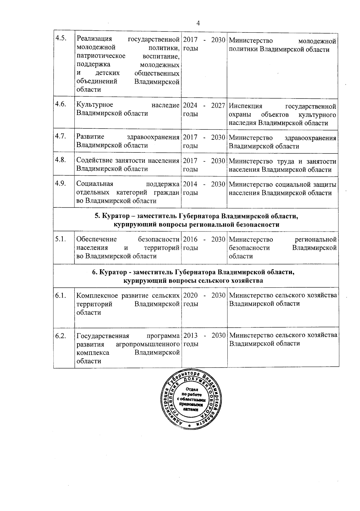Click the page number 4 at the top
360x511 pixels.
[x=198, y=23]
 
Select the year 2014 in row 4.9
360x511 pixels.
[x=190, y=184]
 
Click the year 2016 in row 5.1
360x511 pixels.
[x=190, y=239]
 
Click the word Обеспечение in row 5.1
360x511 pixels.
[x=97, y=239]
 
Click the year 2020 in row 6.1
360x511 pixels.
[x=190, y=295]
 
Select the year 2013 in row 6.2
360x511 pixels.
[x=190, y=335]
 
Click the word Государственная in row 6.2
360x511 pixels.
[x=103, y=336]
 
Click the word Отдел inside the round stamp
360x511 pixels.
[x=191, y=389]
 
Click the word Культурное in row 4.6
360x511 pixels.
[x=95, y=105]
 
